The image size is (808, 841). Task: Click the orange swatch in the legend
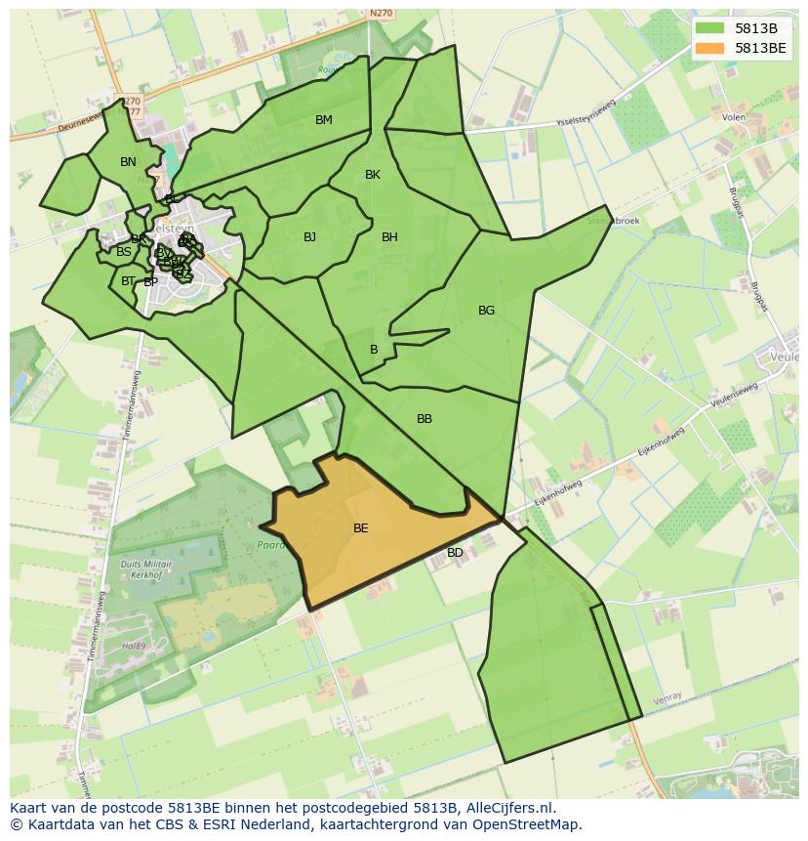click(x=710, y=48)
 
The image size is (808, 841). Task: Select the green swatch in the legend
click(x=710, y=28)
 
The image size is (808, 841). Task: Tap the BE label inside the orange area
click(x=360, y=528)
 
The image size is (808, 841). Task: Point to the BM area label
click(x=324, y=120)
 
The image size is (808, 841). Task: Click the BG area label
click(x=486, y=311)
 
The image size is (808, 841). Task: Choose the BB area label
click(x=424, y=419)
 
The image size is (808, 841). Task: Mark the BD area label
click(x=455, y=553)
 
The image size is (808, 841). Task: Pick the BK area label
click(x=373, y=175)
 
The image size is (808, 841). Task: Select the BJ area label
click(x=309, y=237)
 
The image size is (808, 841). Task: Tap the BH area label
click(x=389, y=237)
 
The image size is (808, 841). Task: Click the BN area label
click(x=128, y=162)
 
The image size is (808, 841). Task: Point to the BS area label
click(x=124, y=252)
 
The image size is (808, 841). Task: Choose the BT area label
click(x=128, y=281)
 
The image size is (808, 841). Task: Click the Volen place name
click(x=734, y=117)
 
